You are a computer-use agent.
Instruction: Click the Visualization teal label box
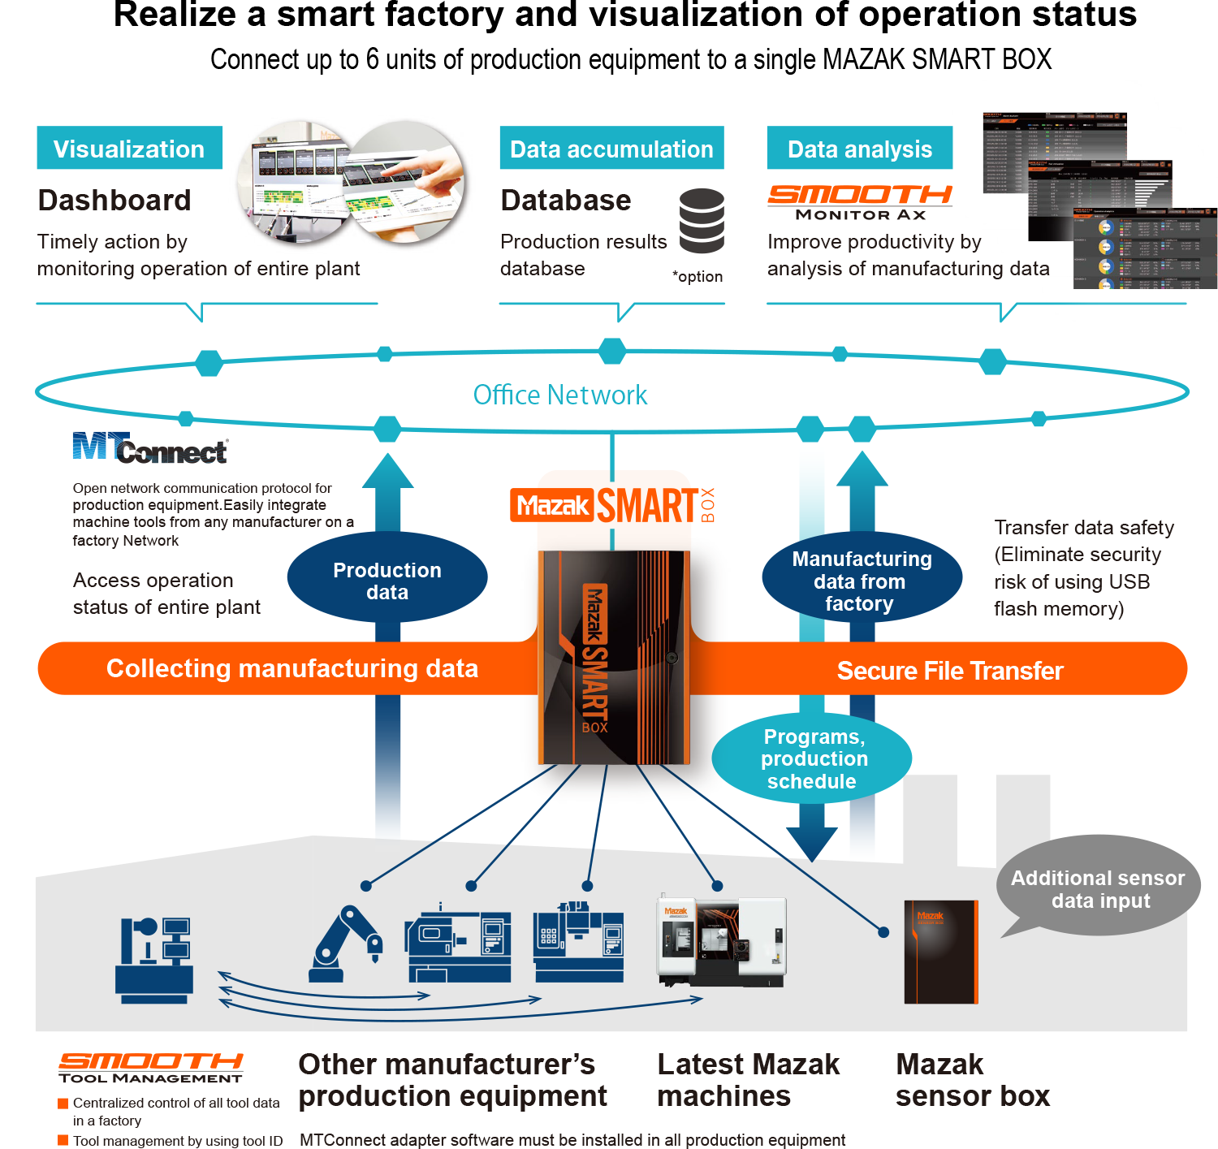(x=129, y=149)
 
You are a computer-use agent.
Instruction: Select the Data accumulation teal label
(x=611, y=149)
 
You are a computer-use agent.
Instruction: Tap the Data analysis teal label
(x=859, y=149)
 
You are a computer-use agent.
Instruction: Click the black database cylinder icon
(x=702, y=221)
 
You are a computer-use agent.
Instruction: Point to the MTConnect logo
(x=150, y=448)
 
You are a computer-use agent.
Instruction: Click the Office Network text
(x=560, y=395)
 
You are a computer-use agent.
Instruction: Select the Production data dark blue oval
(x=387, y=581)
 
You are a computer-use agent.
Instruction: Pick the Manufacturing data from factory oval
(x=862, y=581)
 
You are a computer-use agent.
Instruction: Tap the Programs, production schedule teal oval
(x=812, y=758)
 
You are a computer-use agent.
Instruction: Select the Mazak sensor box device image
(x=941, y=952)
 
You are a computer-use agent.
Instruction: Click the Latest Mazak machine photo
(x=721, y=942)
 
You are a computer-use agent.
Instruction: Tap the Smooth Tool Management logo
(x=151, y=1067)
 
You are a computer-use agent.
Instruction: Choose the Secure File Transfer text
(x=950, y=671)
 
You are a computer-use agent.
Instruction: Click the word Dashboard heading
(x=114, y=201)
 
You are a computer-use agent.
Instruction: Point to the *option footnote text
(x=698, y=277)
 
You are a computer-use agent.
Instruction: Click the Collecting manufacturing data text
(x=292, y=668)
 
